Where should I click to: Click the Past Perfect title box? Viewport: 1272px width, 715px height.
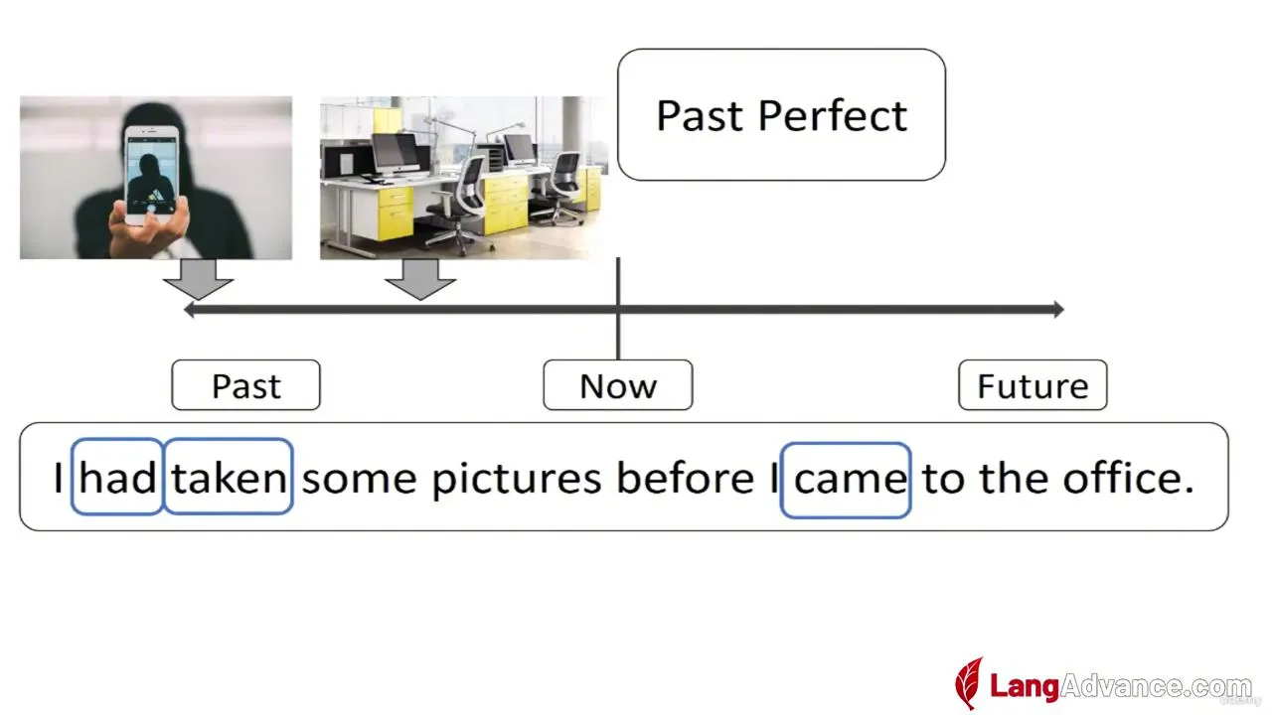pyautogui.click(x=781, y=114)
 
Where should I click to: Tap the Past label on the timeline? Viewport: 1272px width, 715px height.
pyautogui.click(x=245, y=384)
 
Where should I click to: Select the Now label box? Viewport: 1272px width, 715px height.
pyautogui.click(x=618, y=384)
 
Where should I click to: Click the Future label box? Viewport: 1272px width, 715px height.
pyautogui.click(x=1033, y=384)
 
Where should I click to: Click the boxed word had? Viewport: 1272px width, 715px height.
pyautogui.click(x=117, y=477)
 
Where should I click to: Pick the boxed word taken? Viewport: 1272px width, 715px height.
pyautogui.click(x=229, y=477)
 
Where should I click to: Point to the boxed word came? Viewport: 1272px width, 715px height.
pyautogui.click(x=846, y=480)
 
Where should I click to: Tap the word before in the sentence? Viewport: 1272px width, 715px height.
pyautogui.click(x=686, y=478)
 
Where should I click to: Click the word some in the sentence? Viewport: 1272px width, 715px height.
pyautogui.click(x=359, y=481)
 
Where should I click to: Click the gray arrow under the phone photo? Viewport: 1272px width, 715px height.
pyautogui.click(x=198, y=279)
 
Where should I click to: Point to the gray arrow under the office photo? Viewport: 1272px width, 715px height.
pyautogui.click(x=420, y=279)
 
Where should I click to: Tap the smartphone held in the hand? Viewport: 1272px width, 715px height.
pyautogui.click(x=152, y=175)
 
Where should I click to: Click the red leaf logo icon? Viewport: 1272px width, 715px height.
pyautogui.click(x=969, y=683)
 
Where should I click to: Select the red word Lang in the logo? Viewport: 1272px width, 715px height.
pyautogui.click(x=1025, y=686)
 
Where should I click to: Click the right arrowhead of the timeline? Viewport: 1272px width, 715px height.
pyautogui.click(x=1059, y=309)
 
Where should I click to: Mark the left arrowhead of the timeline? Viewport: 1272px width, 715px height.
pyautogui.click(x=189, y=309)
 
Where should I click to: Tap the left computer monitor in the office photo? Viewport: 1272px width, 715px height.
pyautogui.click(x=395, y=153)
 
